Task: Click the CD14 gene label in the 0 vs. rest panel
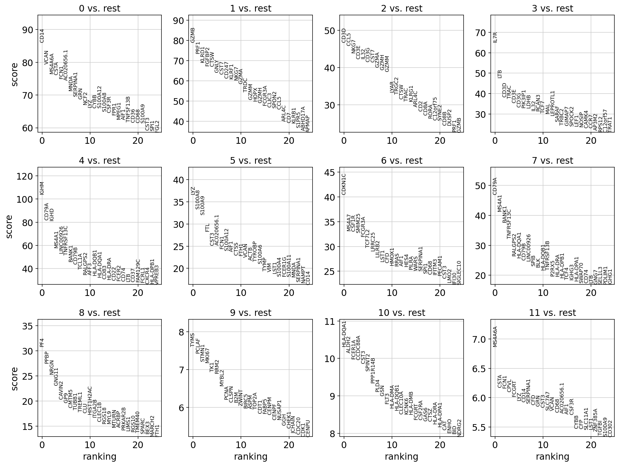click(42, 36)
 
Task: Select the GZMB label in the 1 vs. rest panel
click(193, 35)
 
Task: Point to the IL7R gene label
click(495, 37)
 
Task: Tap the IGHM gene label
click(42, 188)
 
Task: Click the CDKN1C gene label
click(344, 184)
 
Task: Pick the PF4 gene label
click(42, 342)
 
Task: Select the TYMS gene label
click(193, 340)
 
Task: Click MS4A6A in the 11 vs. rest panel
click(495, 337)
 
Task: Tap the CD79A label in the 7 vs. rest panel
click(495, 186)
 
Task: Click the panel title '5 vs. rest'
click(250, 161)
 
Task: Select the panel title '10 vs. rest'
click(401, 313)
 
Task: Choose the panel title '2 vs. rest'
click(401, 9)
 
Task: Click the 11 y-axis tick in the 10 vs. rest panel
click(334, 321)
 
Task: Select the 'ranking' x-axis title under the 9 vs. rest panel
click(250, 456)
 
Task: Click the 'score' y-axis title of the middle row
click(9, 226)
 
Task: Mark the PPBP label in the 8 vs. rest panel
click(47, 357)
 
